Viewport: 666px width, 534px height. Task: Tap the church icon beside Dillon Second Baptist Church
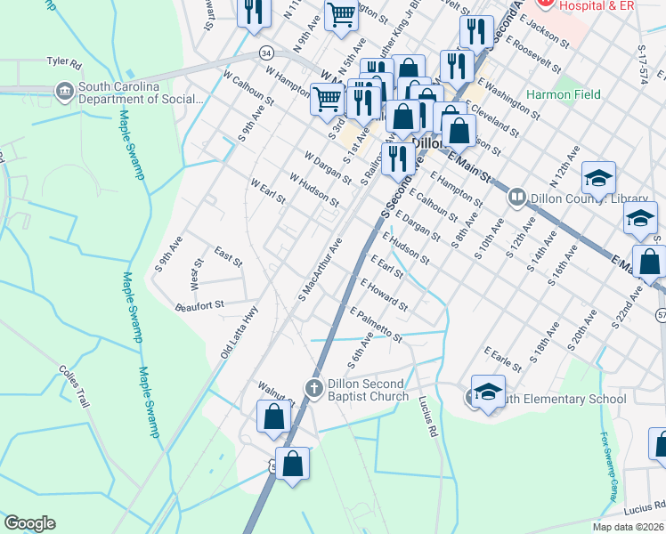[313, 388]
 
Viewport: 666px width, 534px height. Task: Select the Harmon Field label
[563, 94]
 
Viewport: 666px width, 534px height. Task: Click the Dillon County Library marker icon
[516, 197]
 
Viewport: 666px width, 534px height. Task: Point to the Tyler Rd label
[64, 64]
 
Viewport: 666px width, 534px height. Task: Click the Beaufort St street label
[199, 305]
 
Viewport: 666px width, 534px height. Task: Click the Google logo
[29, 523]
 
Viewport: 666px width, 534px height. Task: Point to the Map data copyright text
[629, 527]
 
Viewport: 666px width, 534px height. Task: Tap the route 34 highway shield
[266, 53]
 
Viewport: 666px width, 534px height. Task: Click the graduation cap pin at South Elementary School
[487, 392]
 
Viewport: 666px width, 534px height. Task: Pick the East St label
[228, 259]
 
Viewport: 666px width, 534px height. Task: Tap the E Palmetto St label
[376, 326]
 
